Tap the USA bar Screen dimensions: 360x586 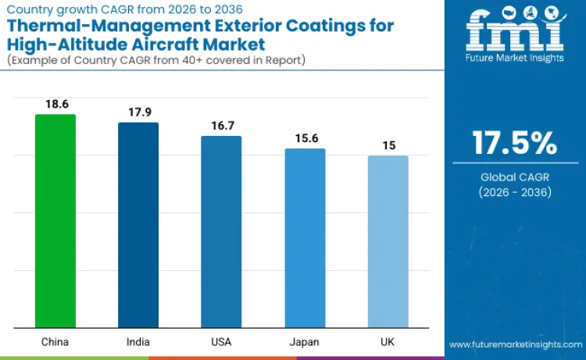pos(221,232)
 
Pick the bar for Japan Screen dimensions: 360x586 pos(305,238)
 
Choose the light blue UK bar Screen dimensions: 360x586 pos(388,241)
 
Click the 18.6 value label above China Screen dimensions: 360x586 pos(55,104)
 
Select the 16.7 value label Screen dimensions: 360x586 pos(221,125)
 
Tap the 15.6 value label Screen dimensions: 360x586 pos(305,137)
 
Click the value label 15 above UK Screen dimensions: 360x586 pos(388,144)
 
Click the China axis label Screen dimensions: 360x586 pos(55,341)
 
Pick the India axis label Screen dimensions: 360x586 pos(138,341)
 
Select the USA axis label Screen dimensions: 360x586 pos(221,341)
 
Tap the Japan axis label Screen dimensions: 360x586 pos(305,341)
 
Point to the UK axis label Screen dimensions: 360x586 pos(388,341)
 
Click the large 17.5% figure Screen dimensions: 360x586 pos(514,144)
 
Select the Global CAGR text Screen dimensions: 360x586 pos(514,177)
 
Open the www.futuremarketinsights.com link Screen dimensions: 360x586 pos(515,344)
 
